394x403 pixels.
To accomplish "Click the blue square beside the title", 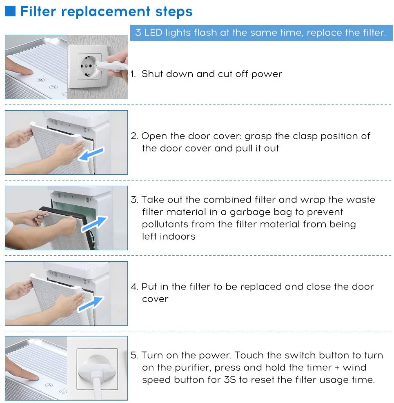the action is [10, 11].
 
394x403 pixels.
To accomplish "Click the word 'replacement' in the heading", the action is [106, 12].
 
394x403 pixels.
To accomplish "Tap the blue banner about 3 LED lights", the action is [261, 33].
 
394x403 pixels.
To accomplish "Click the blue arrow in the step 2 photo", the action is [91, 154].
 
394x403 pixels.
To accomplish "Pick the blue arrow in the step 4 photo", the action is [91, 304].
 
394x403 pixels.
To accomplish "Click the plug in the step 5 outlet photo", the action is [97, 373].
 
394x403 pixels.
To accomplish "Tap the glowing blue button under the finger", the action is [37, 379].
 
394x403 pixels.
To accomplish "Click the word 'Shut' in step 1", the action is [152, 74].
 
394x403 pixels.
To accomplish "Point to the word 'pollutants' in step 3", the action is [165, 225].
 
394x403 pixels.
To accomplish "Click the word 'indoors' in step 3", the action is [178, 236].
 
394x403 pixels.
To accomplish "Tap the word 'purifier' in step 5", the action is [193, 368].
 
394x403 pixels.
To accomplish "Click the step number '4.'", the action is [134, 287].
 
